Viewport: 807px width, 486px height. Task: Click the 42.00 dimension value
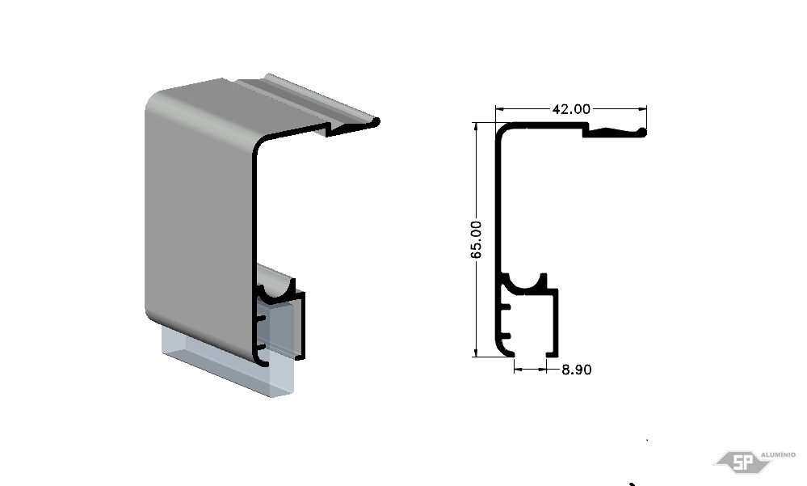point(571,108)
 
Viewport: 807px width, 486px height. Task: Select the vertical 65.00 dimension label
point(476,239)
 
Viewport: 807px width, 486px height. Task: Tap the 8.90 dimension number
point(577,370)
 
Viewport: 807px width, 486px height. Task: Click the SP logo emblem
point(742,462)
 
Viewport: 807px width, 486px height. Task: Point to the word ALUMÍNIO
point(778,454)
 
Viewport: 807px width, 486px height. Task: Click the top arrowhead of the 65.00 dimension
point(476,127)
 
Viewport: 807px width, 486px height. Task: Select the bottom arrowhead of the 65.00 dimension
point(476,352)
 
